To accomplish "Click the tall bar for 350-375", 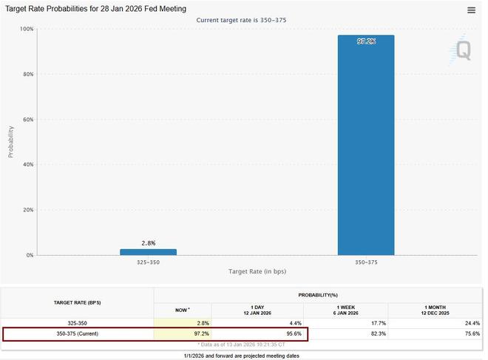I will [x=366, y=145].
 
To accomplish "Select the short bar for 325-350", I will [x=148, y=252].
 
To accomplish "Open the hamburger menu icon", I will [x=472, y=10].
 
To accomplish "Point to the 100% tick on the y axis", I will [x=26, y=29].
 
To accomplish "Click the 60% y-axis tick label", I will [x=27, y=119].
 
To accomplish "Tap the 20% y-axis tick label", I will [x=27, y=210].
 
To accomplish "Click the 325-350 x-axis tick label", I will [x=148, y=262].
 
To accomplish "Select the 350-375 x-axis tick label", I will [x=366, y=262].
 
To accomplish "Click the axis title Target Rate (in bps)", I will [x=257, y=272].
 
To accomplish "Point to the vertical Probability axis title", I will [x=11, y=141].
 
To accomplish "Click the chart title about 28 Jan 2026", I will [x=96, y=8].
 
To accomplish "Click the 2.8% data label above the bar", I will [x=148, y=242].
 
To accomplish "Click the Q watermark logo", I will [x=462, y=49].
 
